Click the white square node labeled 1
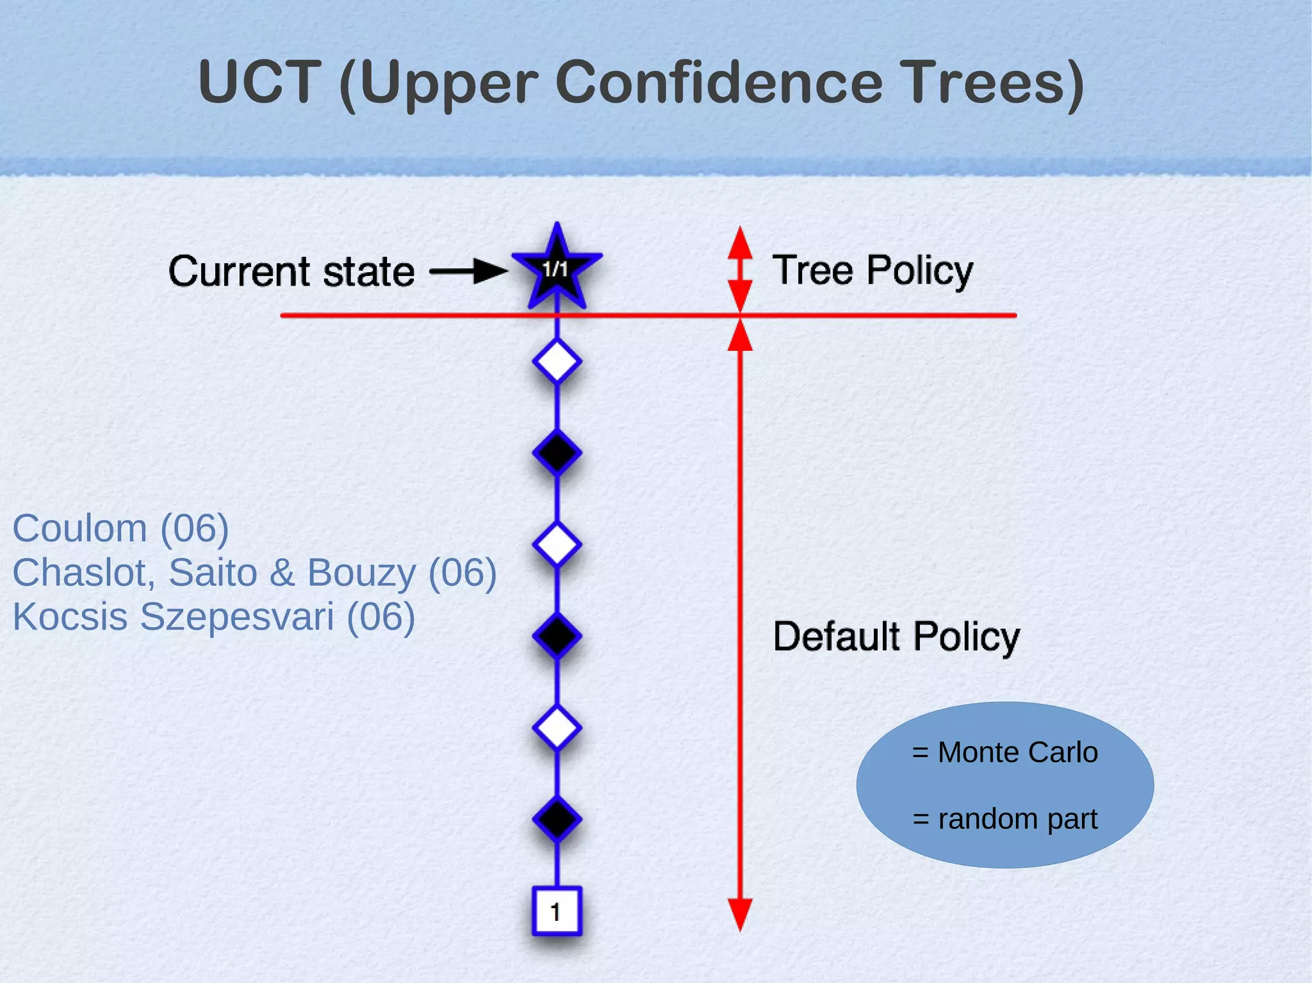(556, 911)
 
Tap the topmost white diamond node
(557, 362)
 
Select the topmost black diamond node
(557, 453)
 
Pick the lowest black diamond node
(557, 818)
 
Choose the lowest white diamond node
(557, 727)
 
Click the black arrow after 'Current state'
(468, 271)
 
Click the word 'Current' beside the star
(240, 272)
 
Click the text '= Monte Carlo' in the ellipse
(1004, 752)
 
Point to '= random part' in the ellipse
(1004, 818)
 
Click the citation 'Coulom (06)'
(120, 529)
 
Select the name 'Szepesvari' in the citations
(237, 617)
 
